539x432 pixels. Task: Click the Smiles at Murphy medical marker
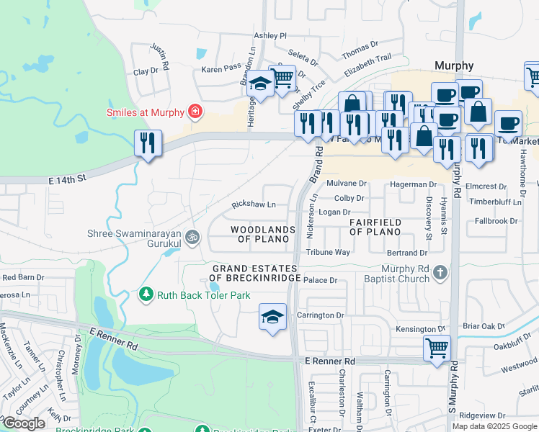194,112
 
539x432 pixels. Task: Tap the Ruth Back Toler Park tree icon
146,295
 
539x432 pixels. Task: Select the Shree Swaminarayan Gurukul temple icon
192,236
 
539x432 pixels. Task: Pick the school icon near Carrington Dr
273,317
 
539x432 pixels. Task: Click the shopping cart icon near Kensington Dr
437,348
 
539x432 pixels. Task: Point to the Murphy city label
454,66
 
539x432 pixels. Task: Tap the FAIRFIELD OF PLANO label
375,228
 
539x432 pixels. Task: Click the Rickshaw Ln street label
253,205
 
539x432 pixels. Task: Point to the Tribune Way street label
328,253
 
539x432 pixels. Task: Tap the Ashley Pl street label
270,35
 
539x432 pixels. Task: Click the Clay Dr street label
146,71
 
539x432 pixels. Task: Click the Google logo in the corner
24,423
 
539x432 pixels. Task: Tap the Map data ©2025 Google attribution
494,426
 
